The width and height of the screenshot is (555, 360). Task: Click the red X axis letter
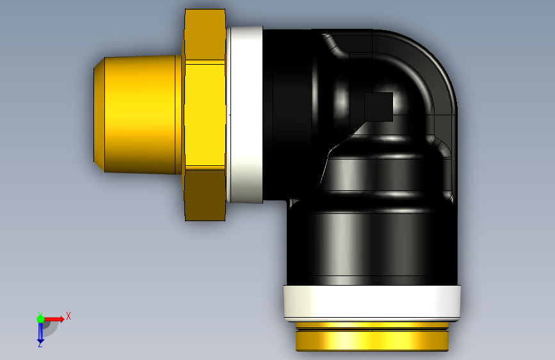[x=68, y=316]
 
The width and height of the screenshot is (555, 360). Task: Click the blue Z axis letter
[x=40, y=344]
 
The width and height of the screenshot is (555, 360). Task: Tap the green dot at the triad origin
[x=40, y=319]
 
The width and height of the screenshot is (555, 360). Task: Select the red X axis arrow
[x=53, y=319]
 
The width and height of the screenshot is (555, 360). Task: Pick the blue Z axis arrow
[x=40, y=331]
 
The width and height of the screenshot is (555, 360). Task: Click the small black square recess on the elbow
[x=379, y=106]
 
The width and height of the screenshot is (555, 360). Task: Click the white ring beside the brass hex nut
[x=245, y=115]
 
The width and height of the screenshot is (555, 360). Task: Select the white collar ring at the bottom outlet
[x=372, y=302]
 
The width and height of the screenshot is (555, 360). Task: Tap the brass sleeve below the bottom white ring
[x=372, y=336]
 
